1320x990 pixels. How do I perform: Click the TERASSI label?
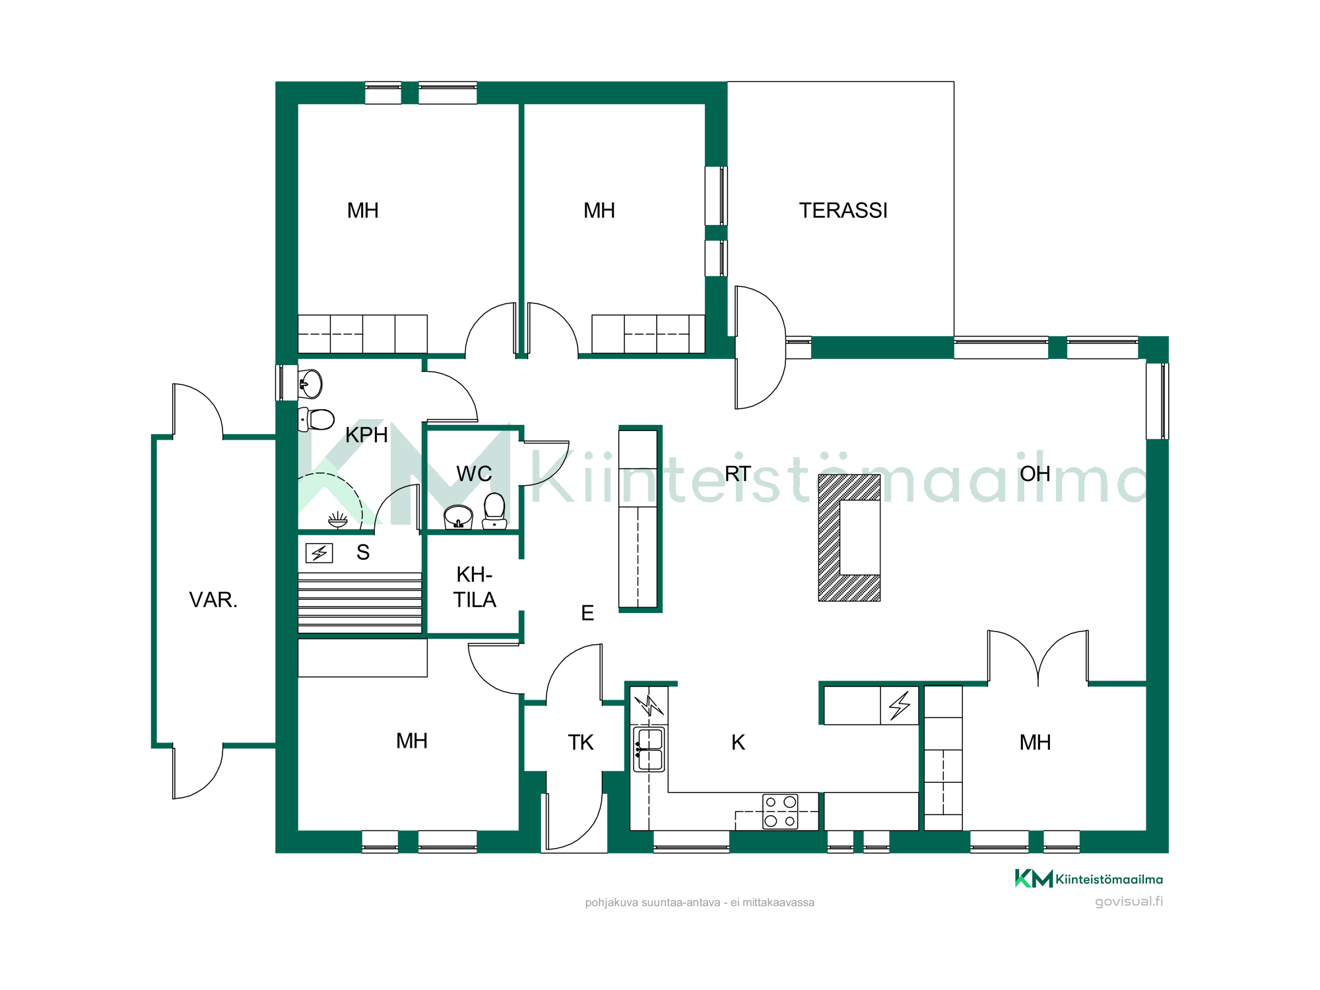tap(843, 211)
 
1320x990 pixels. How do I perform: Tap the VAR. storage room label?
tap(213, 600)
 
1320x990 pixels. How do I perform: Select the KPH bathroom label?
tap(366, 435)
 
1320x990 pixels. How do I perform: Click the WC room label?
tap(474, 474)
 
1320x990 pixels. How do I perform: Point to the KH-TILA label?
tap(475, 587)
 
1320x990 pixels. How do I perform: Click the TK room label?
tap(581, 742)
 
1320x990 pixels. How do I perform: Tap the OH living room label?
tap(1035, 474)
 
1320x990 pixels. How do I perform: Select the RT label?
tap(738, 474)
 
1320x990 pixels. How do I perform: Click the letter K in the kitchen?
tap(738, 742)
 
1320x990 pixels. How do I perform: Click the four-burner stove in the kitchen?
tap(780, 811)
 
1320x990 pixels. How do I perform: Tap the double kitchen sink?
tap(649, 749)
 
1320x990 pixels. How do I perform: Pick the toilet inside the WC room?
tap(494, 511)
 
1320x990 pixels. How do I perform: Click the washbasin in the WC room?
tap(458, 517)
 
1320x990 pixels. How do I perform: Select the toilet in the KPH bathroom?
tap(317, 418)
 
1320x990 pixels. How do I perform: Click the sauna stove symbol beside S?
tap(319, 552)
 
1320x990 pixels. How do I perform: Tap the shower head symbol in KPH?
tap(338, 520)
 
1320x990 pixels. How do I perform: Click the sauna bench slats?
tap(360, 603)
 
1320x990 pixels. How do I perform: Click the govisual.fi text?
tap(1129, 902)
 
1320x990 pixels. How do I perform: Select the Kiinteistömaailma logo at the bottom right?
tap(1089, 878)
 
